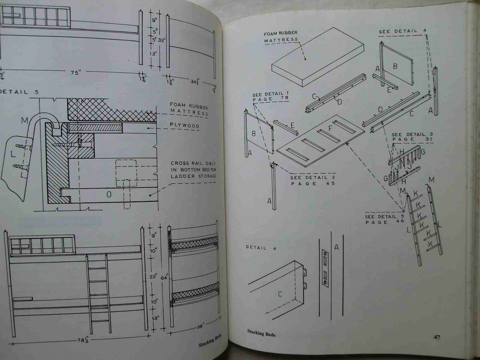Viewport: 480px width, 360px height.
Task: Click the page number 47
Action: pyautogui.click(x=437, y=337)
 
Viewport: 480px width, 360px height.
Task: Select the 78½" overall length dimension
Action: pyautogui.click(x=83, y=340)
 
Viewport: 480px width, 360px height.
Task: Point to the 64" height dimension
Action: pyautogui.click(x=164, y=277)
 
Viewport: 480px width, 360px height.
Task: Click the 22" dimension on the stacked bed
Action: pyautogui.click(x=153, y=277)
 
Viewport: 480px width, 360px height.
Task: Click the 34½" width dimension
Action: pyautogui.click(x=195, y=82)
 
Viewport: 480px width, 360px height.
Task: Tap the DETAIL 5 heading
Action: pyautogui.click(x=19, y=92)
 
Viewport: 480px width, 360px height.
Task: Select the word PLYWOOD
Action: pyautogui.click(x=185, y=126)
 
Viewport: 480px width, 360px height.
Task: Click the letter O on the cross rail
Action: pyautogui.click(x=109, y=194)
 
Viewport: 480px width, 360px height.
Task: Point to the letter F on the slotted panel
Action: pyautogui.click(x=330, y=128)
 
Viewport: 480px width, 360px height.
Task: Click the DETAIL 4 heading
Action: pyautogui.click(x=261, y=248)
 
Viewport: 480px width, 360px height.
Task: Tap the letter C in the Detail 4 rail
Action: pyautogui.click(x=280, y=294)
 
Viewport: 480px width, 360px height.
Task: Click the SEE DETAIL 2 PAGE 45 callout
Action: pyautogui.click(x=313, y=180)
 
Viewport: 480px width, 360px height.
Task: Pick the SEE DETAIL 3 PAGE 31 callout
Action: pyautogui.click(x=412, y=137)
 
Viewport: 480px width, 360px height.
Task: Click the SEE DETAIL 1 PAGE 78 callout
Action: pyautogui.click(x=270, y=97)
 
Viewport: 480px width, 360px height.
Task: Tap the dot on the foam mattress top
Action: pyautogui.click(x=305, y=59)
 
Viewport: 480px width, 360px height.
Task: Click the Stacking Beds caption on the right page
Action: pyautogui.click(x=261, y=333)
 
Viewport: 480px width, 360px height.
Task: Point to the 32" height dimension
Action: pyautogui.click(x=162, y=40)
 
